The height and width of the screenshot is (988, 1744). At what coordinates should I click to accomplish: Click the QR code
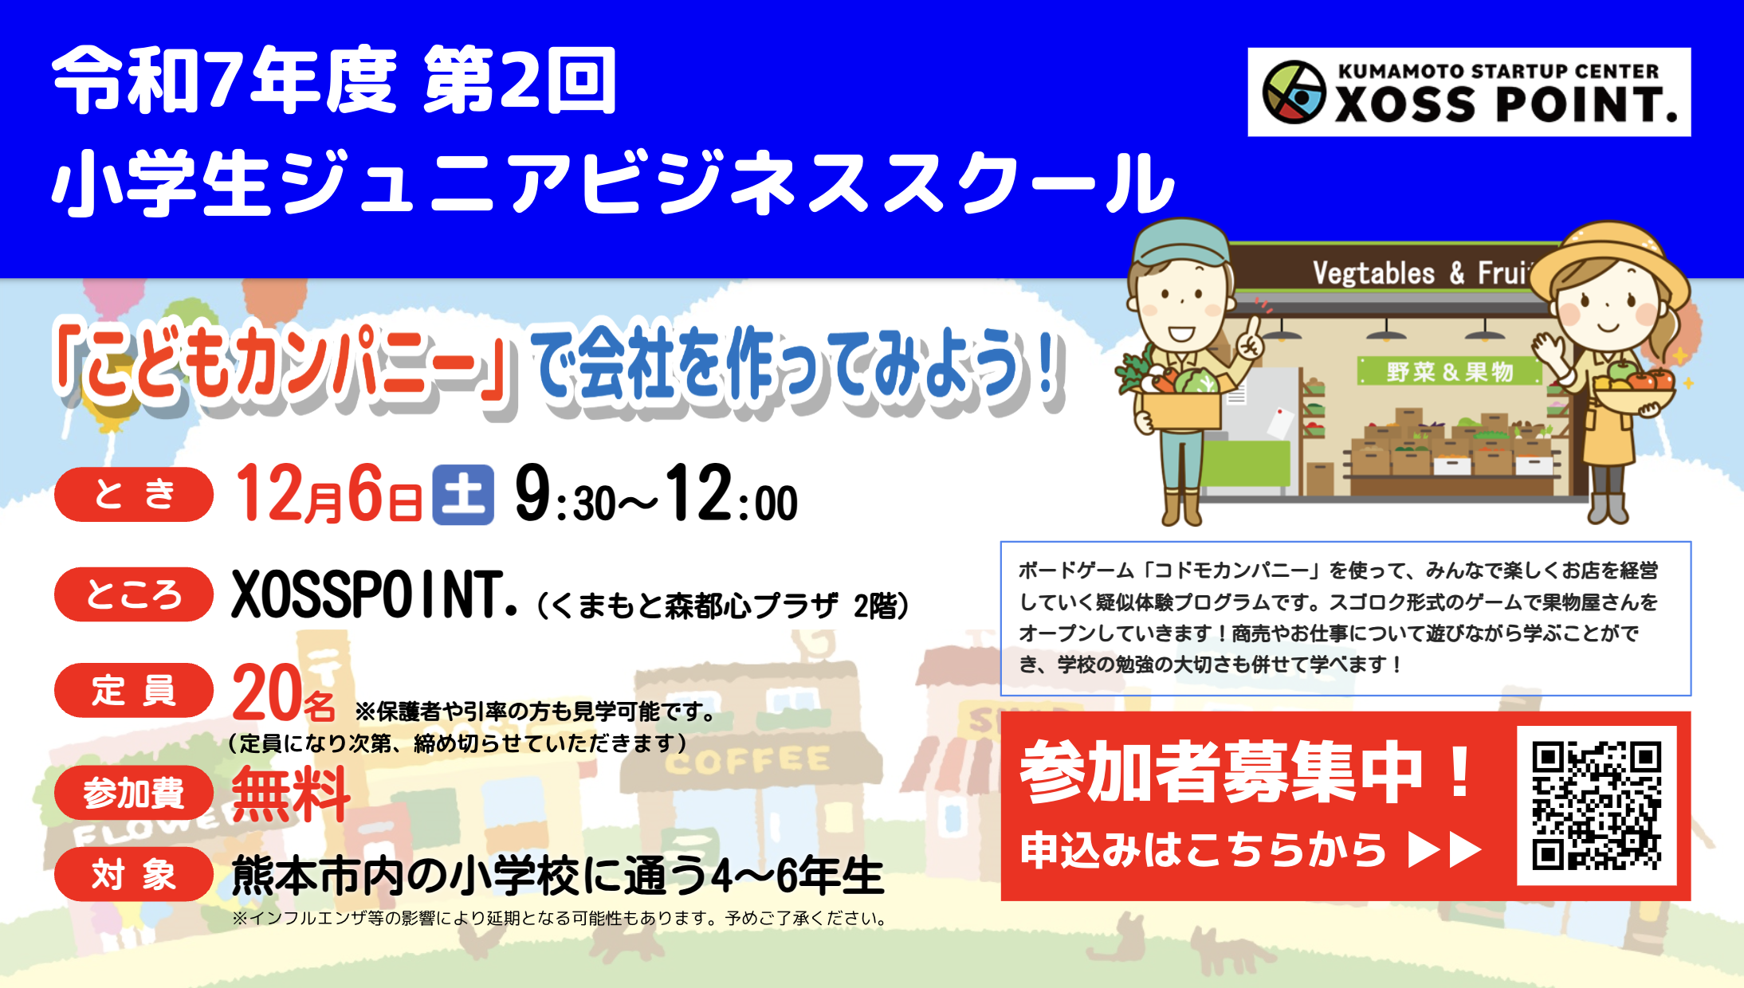tap(1597, 806)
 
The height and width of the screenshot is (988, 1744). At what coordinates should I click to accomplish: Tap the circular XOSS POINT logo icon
tap(1294, 92)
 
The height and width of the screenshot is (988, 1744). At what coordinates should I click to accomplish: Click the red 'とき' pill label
tap(134, 494)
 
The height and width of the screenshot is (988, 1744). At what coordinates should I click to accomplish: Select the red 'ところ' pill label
tap(134, 594)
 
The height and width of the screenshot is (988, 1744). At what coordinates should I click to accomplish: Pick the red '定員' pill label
tap(134, 690)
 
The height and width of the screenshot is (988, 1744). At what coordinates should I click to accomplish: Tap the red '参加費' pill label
tap(134, 793)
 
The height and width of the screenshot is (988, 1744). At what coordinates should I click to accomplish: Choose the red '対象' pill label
tap(134, 875)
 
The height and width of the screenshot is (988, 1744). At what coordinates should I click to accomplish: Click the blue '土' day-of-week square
tap(463, 495)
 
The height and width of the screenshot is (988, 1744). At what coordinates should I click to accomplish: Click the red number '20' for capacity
tap(263, 693)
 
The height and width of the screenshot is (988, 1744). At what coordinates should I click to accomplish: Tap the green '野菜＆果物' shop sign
tap(1449, 371)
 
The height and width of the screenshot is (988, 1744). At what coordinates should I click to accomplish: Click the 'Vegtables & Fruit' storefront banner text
tap(1419, 273)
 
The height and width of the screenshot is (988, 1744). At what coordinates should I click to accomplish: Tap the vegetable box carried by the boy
tap(1181, 406)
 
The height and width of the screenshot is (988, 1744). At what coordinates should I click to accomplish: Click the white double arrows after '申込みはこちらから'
tap(1444, 850)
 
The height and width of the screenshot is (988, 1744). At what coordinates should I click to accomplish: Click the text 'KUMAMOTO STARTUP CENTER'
tap(1498, 72)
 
